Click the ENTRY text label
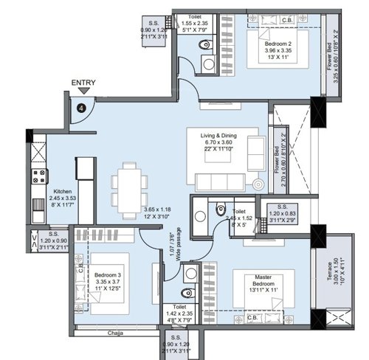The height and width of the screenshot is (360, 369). coord(82,83)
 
